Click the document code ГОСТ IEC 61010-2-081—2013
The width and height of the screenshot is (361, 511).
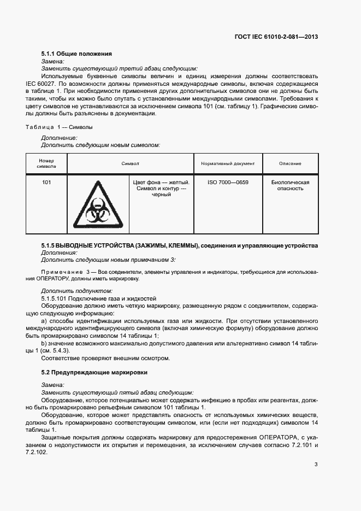pos(276,37)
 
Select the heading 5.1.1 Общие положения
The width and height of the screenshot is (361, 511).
pos(76,54)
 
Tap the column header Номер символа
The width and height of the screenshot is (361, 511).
pos(46,163)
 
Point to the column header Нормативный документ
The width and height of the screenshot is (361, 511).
pos(228,163)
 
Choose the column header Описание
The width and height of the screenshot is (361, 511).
pos(290,163)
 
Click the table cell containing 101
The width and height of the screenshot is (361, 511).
pos(46,183)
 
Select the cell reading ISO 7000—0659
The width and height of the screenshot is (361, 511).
pos(228,183)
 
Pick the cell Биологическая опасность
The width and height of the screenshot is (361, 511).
pos(290,185)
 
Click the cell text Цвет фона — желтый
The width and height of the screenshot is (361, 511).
pos(161,183)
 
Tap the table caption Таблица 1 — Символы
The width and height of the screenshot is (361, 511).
pos(59,127)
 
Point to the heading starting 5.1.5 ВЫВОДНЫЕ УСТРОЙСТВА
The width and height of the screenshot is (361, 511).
pos(180,246)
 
